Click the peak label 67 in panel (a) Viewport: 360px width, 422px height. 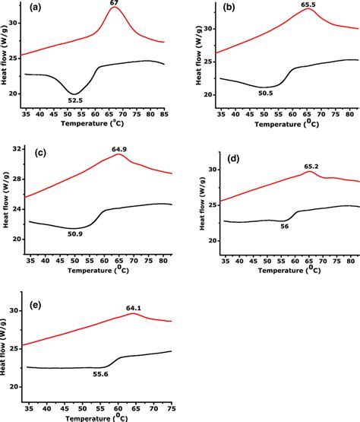coord(115,4)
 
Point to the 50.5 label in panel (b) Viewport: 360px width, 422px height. coord(265,94)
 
